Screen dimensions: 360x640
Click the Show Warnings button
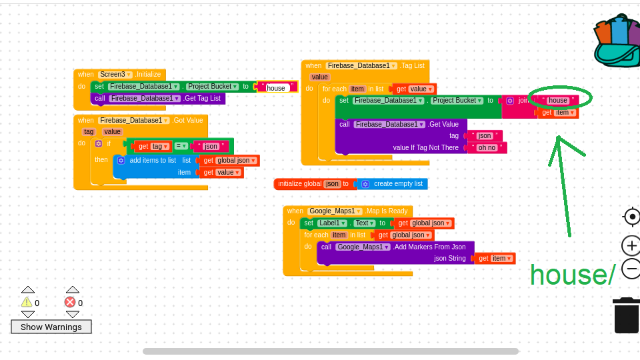coord(51,327)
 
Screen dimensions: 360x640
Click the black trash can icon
coord(626,316)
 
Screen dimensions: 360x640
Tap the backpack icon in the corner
coord(617,41)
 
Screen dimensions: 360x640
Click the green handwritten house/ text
coord(572,275)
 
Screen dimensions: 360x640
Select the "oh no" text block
coord(487,148)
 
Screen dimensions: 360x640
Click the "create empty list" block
coord(397,184)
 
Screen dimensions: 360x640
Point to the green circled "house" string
coord(558,101)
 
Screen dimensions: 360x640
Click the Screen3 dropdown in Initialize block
coord(115,75)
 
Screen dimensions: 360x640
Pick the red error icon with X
coord(70,302)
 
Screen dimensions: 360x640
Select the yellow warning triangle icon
coord(27,302)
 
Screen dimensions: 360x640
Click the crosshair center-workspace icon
coord(631,217)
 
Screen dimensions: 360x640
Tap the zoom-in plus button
coord(631,245)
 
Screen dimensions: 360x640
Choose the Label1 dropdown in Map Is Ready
coord(331,223)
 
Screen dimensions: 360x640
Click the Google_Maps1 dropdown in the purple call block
coord(363,247)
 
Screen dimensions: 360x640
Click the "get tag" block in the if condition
coord(152,146)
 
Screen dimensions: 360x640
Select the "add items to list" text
coord(153,160)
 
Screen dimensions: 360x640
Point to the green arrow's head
coord(559,139)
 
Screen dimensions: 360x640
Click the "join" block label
coord(524,101)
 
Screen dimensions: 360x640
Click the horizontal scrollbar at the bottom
coord(330,351)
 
